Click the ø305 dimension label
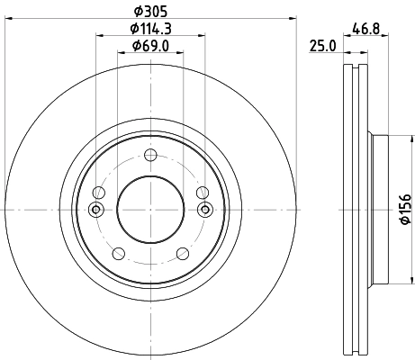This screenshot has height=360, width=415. tap(150, 11)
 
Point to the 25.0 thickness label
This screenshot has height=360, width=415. tap(320, 46)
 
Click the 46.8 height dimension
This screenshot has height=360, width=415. tap(364, 28)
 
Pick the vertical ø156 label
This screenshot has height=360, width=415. tap(406, 209)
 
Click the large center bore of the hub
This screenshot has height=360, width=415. tap(150, 209)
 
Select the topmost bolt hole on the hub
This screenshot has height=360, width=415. tap(150, 155)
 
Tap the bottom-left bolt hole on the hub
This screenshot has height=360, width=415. tap(119, 254)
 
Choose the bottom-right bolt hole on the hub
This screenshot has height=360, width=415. tap(183, 254)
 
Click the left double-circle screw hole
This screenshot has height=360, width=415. tap(96, 210)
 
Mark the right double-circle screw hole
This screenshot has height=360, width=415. tap(204, 210)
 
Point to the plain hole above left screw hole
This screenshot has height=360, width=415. tap(100, 193)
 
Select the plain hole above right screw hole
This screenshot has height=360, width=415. tap(202, 193)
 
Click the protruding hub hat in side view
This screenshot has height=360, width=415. tap(380, 209)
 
